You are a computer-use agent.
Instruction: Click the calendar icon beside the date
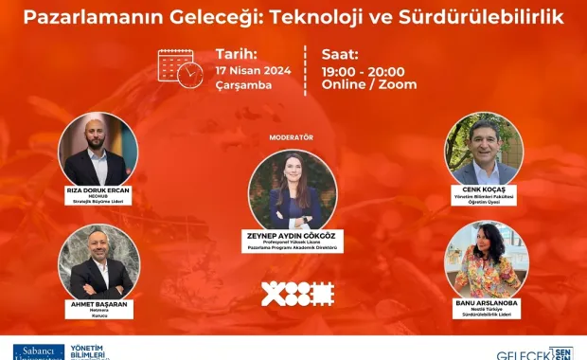tap(179, 68)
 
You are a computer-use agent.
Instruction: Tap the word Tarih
tap(237, 54)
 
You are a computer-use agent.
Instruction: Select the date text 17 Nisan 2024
tap(253, 70)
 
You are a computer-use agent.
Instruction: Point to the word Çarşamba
tap(243, 85)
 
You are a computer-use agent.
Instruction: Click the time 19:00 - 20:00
tap(364, 71)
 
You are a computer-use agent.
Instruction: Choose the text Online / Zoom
tap(369, 85)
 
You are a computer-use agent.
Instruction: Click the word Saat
tap(342, 54)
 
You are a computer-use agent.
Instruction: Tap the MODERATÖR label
tap(291, 137)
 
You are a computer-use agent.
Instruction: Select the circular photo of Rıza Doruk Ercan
tap(98, 151)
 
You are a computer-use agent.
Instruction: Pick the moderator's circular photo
tap(292, 189)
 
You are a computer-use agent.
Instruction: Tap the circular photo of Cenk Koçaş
tap(484, 151)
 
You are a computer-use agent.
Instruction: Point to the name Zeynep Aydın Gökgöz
tap(292, 235)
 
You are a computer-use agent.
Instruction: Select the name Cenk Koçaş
tap(485, 189)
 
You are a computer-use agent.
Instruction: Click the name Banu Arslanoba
tap(485, 303)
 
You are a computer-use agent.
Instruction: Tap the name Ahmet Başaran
tap(98, 304)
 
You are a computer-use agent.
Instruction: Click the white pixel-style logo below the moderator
tap(297, 294)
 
